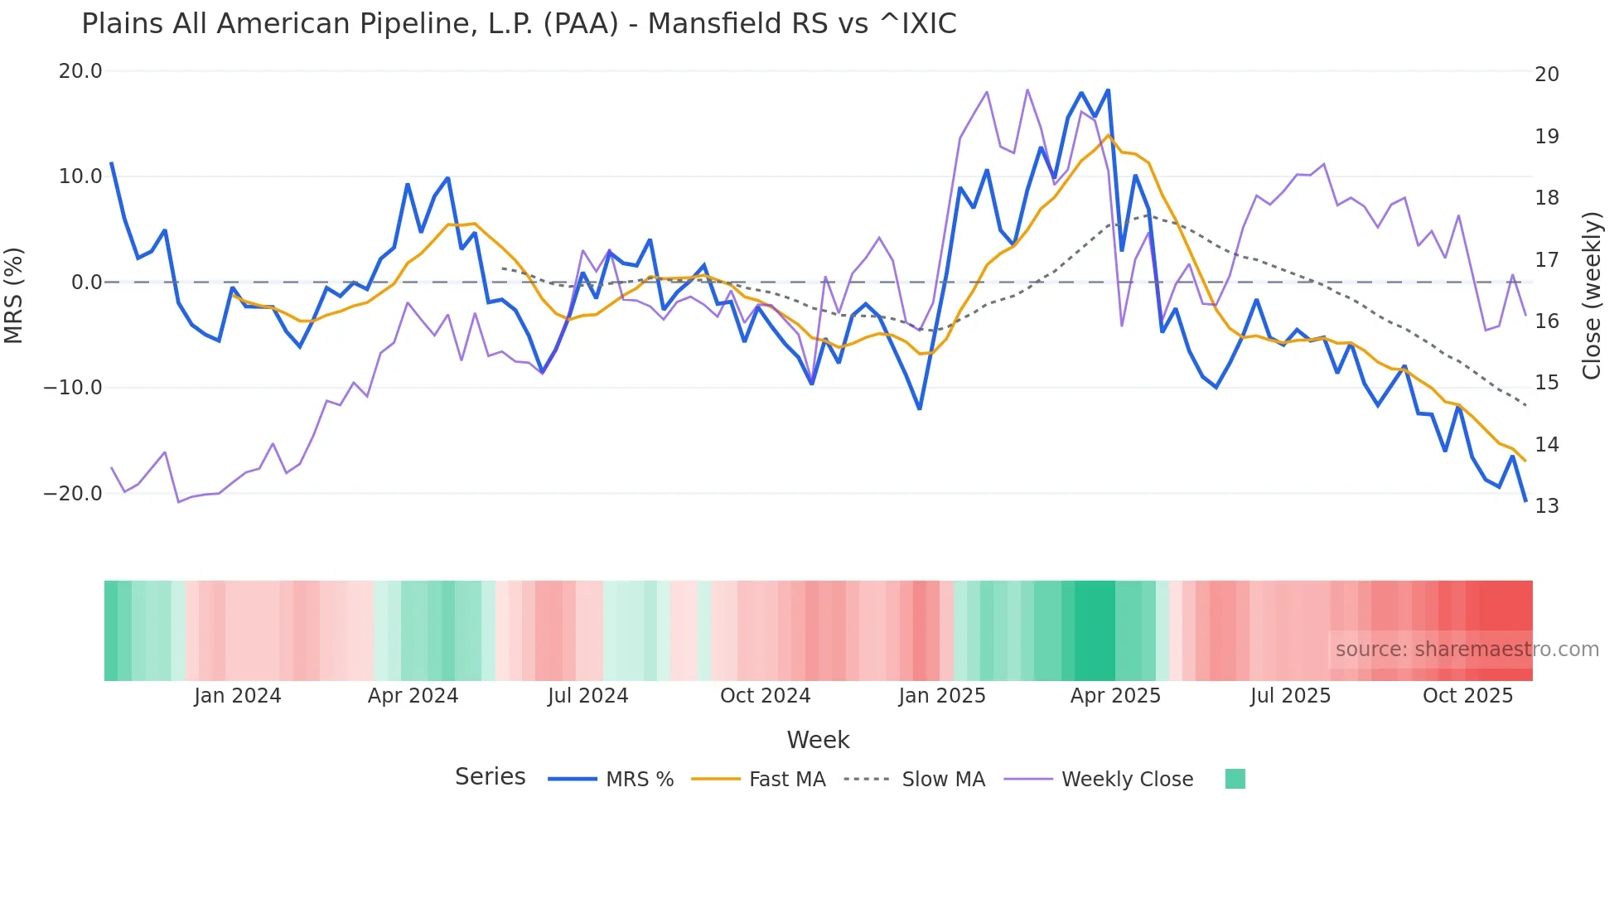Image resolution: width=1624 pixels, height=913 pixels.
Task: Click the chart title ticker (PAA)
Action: [x=581, y=24]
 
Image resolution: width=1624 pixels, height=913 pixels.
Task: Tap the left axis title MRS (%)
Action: [x=13, y=295]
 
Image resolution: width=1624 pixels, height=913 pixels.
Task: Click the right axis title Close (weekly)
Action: [x=1592, y=295]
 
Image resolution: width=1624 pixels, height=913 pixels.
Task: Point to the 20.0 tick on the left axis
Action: [x=80, y=71]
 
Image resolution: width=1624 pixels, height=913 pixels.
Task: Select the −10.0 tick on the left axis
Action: [x=73, y=388]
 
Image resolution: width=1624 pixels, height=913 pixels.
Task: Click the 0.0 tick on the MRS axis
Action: [x=87, y=283]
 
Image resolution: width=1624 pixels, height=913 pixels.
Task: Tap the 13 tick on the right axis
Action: [x=1546, y=506]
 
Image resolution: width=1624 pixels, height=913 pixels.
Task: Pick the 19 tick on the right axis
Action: [x=1546, y=137]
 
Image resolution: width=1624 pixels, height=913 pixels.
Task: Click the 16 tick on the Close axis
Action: [x=1546, y=321]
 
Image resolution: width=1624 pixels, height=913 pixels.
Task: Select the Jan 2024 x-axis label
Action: [x=238, y=696]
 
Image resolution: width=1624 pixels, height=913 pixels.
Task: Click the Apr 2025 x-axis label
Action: [x=1115, y=696]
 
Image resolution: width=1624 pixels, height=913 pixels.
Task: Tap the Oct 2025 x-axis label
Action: [x=1467, y=696]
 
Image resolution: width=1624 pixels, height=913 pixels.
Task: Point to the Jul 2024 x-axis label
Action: [x=588, y=696]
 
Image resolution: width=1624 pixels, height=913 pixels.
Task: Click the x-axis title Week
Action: [x=818, y=740]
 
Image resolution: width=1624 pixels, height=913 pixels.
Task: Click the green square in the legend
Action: [x=1235, y=779]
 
